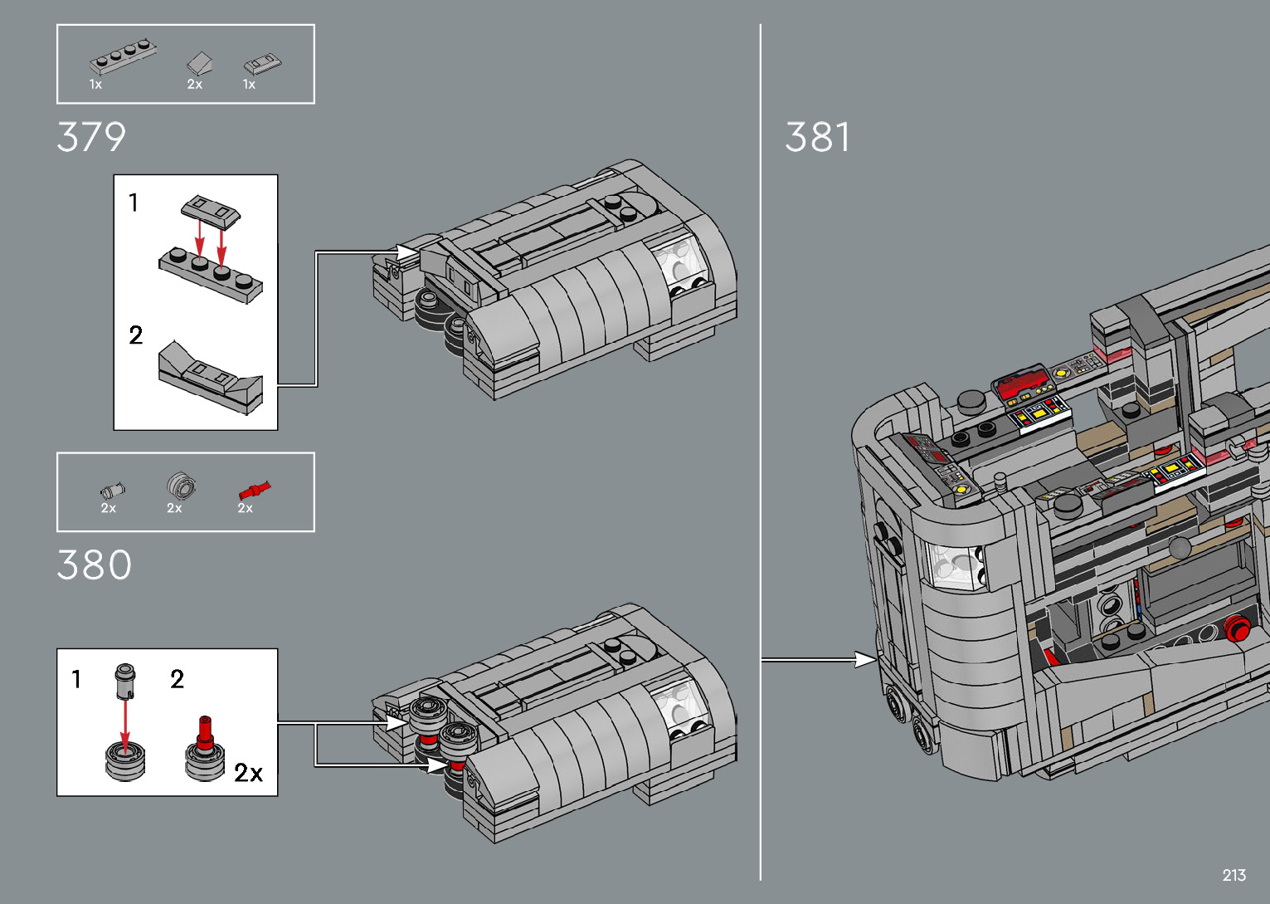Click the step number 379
91,137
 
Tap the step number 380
94,564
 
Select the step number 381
817,137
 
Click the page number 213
1234,875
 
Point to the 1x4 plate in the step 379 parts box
123,56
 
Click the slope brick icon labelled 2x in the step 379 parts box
200,63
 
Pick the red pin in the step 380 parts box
255,490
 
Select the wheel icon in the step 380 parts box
181,486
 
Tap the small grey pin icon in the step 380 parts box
112,490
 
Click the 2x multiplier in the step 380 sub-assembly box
248,772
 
